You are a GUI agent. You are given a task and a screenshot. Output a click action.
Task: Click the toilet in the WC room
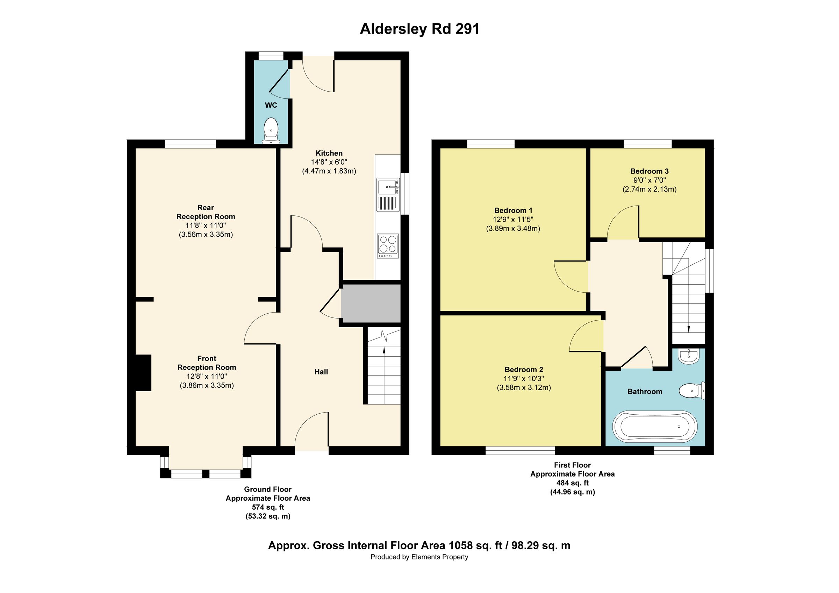(x=271, y=130)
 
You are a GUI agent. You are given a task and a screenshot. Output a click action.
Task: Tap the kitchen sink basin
(x=388, y=187)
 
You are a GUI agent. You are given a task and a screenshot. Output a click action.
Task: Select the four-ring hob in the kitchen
(x=388, y=244)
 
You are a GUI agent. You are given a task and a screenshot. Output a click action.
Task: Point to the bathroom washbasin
(x=688, y=356)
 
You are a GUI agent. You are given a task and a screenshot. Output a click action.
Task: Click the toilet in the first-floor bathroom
(x=692, y=391)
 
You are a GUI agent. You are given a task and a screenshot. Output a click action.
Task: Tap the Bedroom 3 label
(x=649, y=171)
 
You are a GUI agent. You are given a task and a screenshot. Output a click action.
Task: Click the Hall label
(x=321, y=372)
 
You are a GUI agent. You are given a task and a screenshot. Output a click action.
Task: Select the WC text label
(x=271, y=105)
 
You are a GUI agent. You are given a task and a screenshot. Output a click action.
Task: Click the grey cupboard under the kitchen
(x=371, y=304)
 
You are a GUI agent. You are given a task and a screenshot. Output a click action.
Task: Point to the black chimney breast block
(x=143, y=373)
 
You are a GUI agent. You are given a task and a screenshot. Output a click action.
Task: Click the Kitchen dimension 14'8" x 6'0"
(x=329, y=162)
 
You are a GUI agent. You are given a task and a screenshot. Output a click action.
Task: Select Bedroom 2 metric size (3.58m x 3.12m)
(x=524, y=388)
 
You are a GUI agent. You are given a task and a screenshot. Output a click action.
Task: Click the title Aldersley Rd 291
(x=419, y=29)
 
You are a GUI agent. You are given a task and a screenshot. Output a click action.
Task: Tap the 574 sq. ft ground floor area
(x=268, y=507)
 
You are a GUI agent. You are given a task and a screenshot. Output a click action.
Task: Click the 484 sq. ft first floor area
(x=573, y=483)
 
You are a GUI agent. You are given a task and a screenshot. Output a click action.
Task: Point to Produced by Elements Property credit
(x=419, y=557)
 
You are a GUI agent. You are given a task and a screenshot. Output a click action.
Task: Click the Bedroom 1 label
(x=513, y=210)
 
